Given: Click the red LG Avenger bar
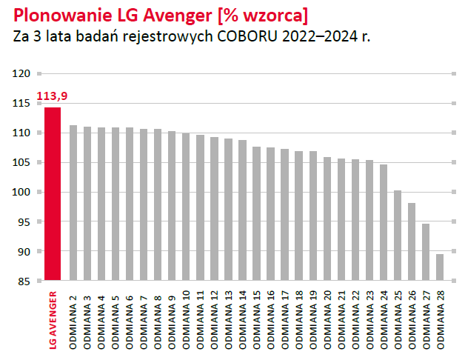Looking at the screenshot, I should pos(53,194).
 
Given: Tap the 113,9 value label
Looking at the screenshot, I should pos(50,96).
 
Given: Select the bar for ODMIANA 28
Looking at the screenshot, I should pos(440,267).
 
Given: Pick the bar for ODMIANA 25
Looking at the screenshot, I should pos(398,236).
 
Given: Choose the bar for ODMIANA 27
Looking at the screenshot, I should pos(426,252).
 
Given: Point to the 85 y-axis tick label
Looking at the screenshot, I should pos(24,281).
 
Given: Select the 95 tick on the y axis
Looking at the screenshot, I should pos(24,221).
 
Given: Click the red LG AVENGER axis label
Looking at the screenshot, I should pos(53,319).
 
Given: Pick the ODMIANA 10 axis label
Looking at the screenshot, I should pos(187,319).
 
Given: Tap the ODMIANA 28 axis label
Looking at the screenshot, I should pos(441,319).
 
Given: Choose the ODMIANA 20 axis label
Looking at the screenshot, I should pos(327,319).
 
